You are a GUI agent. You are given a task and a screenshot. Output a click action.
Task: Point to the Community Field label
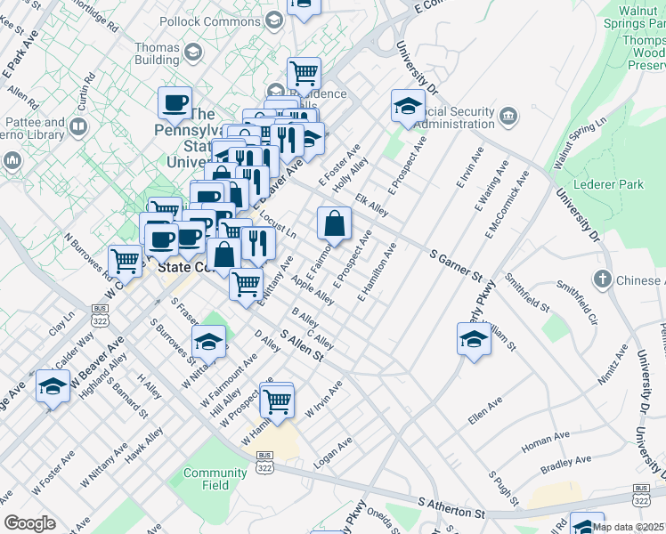(214, 479)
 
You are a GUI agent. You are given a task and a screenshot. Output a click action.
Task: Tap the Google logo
(29, 523)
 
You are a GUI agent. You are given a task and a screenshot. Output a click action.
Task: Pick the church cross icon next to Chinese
(603, 279)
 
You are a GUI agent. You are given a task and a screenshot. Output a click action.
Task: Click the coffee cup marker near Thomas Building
(175, 101)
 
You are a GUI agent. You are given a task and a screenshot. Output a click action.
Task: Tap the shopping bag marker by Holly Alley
(333, 223)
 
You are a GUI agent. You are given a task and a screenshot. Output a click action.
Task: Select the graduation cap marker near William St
(474, 339)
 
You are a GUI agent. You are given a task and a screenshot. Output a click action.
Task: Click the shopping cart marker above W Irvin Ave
(277, 400)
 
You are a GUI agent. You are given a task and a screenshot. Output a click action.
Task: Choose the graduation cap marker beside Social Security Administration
(408, 106)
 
